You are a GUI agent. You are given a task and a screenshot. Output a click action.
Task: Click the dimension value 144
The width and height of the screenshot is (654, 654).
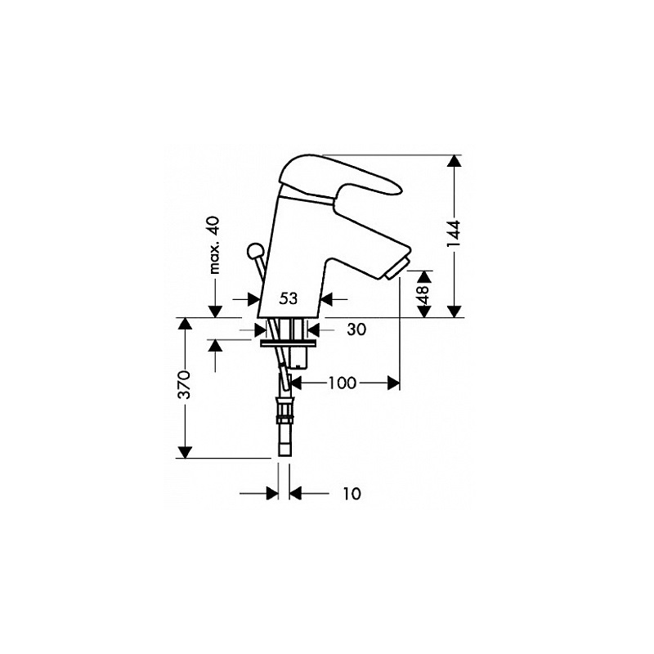point(454,234)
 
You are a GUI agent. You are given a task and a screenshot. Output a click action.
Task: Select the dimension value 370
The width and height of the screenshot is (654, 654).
point(185,384)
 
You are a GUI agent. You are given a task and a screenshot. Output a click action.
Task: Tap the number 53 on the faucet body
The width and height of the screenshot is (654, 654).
point(289,298)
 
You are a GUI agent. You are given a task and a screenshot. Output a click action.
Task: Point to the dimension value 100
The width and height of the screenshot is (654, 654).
point(342,383)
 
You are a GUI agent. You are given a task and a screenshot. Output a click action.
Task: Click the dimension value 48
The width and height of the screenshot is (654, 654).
point(423,294)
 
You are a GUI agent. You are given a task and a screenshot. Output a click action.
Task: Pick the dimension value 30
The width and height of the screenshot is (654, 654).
point(356,329)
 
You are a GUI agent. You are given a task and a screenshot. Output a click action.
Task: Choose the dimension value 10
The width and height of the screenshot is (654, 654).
point(352,494)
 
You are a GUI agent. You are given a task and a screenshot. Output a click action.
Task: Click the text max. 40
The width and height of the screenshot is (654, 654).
point(214,244)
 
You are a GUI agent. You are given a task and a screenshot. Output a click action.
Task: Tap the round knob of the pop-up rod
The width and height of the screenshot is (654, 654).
point(254,251)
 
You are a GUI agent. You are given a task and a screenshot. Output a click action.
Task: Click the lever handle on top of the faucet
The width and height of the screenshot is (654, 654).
point(334,175)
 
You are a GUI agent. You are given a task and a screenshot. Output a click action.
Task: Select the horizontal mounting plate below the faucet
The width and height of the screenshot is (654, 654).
point(289,343)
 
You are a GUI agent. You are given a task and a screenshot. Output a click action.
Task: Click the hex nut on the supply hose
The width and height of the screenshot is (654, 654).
point(285,409)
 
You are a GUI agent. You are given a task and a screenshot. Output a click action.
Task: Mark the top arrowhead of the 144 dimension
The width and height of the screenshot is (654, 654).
point(454,161)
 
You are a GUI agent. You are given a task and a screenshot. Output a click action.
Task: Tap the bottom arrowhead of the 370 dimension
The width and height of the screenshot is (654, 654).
point(185,452)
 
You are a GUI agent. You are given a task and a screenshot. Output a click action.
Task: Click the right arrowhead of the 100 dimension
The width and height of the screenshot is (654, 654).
point(393,383)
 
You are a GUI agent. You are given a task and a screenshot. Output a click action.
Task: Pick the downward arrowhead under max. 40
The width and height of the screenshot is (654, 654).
point(215,311)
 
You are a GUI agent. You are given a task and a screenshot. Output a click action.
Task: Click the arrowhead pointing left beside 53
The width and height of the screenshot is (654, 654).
point(326,299)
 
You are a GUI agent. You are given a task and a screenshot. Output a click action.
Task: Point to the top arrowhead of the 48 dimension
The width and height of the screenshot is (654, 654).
point(423,276)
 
